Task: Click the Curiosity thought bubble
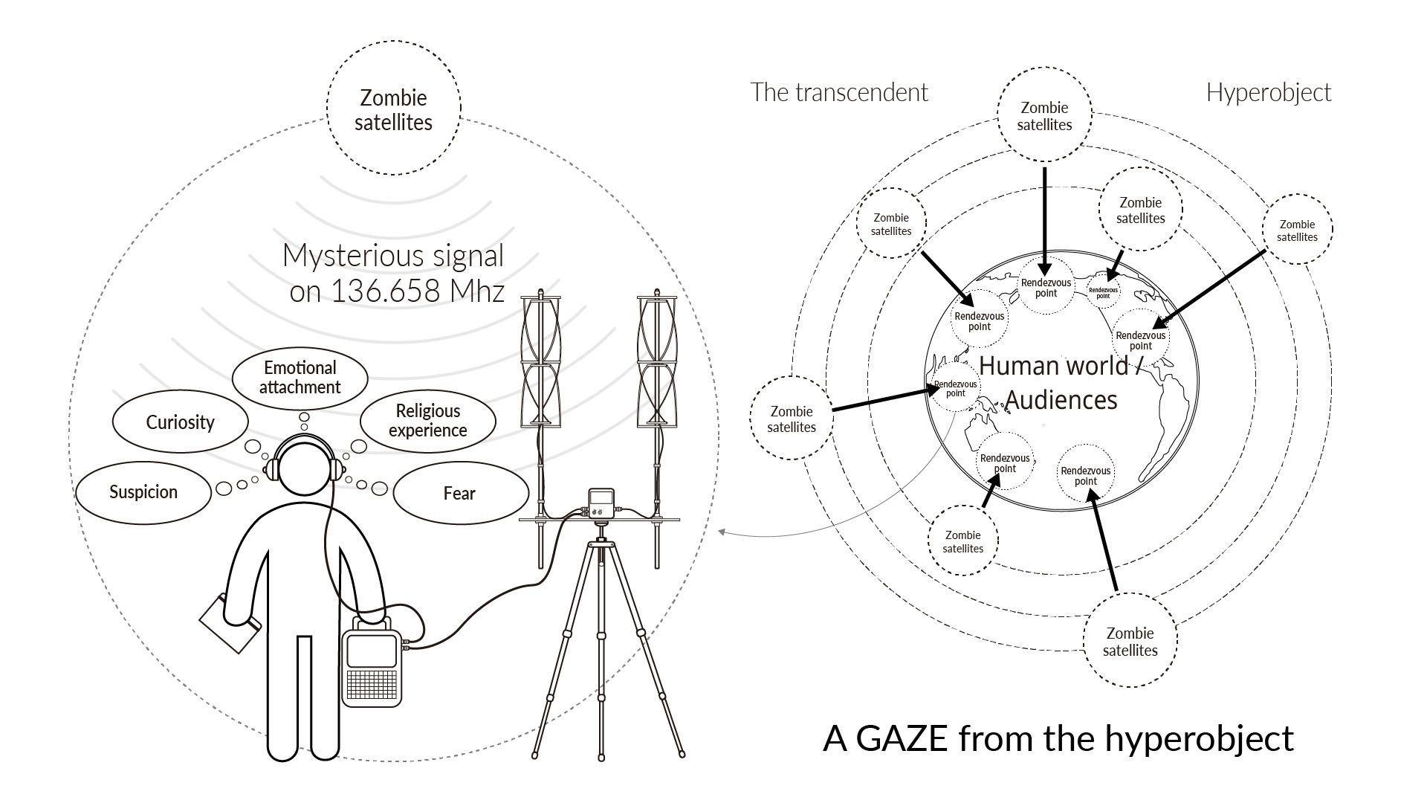click(180, 422)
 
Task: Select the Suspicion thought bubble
click(143, 492)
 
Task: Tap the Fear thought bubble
click(459, 494)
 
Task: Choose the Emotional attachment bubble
click(300, 378)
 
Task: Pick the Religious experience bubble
click(427, 421)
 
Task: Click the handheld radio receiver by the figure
click(371, 665)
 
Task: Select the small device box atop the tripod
click(601, 503)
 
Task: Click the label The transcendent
click(839, 93)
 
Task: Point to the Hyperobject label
click(1268, 93)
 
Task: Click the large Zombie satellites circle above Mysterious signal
click(393, 109)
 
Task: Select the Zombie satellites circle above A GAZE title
click(1130, 641)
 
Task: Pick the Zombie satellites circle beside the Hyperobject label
click(1297, 230)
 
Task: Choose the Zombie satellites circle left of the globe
click(792, 419)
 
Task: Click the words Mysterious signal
click(393, 256)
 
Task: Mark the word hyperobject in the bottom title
click(1199, 738)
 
